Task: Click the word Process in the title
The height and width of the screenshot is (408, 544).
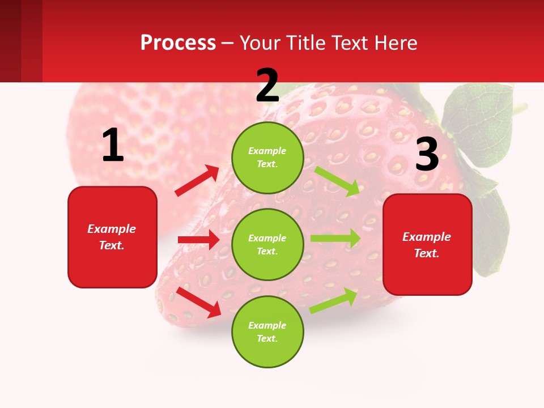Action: point(178,43)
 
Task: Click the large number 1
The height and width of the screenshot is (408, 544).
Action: point(113,146)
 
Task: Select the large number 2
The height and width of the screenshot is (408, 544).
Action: point(267,86)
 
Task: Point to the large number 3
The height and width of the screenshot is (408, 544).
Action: point(427,154)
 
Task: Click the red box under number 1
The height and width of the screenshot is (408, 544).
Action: point(112,237)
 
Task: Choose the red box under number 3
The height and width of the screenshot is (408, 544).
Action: point(427,245)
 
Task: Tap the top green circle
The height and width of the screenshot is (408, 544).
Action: point(267,158)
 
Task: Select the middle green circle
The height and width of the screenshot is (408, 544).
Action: point(267,245)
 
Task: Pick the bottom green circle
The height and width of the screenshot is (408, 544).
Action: point(267,332)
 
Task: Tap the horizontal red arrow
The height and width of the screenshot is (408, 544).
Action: point(199,240)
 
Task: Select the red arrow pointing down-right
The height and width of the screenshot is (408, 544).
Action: point(199,302)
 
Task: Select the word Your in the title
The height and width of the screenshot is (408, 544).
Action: point(258,43)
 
